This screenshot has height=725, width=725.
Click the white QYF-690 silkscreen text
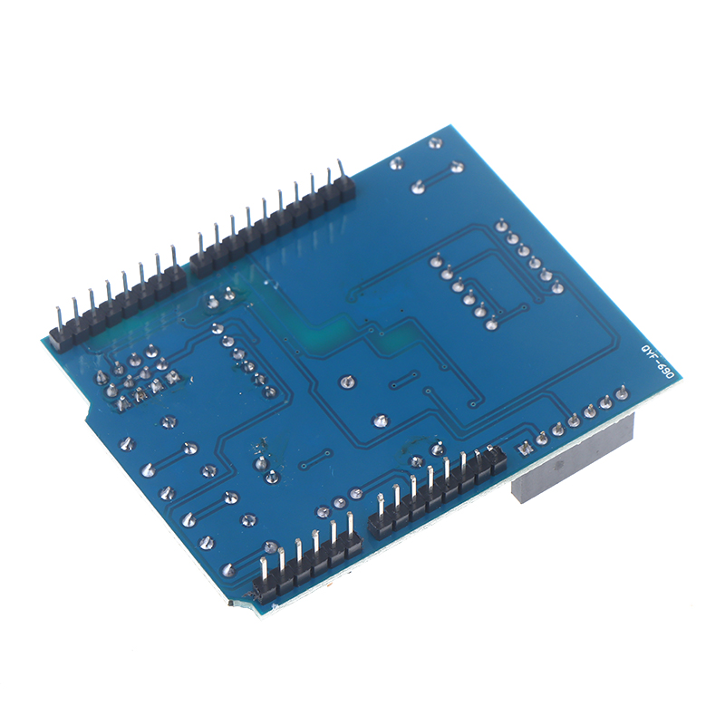point(658,362)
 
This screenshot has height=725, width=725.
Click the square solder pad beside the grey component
point(525,447)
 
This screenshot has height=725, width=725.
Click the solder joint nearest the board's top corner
point(435,143)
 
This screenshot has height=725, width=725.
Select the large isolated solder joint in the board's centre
point(346,382)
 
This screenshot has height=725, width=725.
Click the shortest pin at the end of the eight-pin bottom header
point(491,449)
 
